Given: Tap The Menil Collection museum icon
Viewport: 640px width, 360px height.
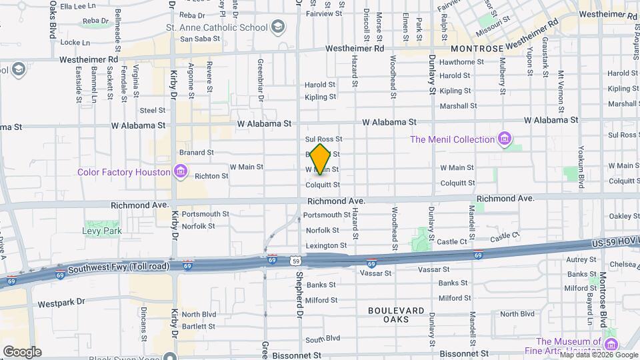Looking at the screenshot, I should (x=505, y=139).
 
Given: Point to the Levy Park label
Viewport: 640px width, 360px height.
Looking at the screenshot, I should (x=102, y=231).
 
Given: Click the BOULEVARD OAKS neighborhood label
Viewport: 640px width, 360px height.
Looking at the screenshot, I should (x=396, y=315).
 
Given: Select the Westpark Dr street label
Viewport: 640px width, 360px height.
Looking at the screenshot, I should (x=62, y=303).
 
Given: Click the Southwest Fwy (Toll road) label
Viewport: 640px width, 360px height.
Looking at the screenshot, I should (x=126, y=267).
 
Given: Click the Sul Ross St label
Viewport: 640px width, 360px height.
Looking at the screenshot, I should (x=323, y=139).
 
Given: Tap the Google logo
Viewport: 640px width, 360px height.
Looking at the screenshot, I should (x=22, y=351).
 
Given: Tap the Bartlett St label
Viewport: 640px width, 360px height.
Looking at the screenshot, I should (x=199, y=326).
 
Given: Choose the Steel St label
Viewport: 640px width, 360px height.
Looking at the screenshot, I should (x=152, y=110).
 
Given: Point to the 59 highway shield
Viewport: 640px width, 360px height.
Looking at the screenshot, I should (x=295, y=261).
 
